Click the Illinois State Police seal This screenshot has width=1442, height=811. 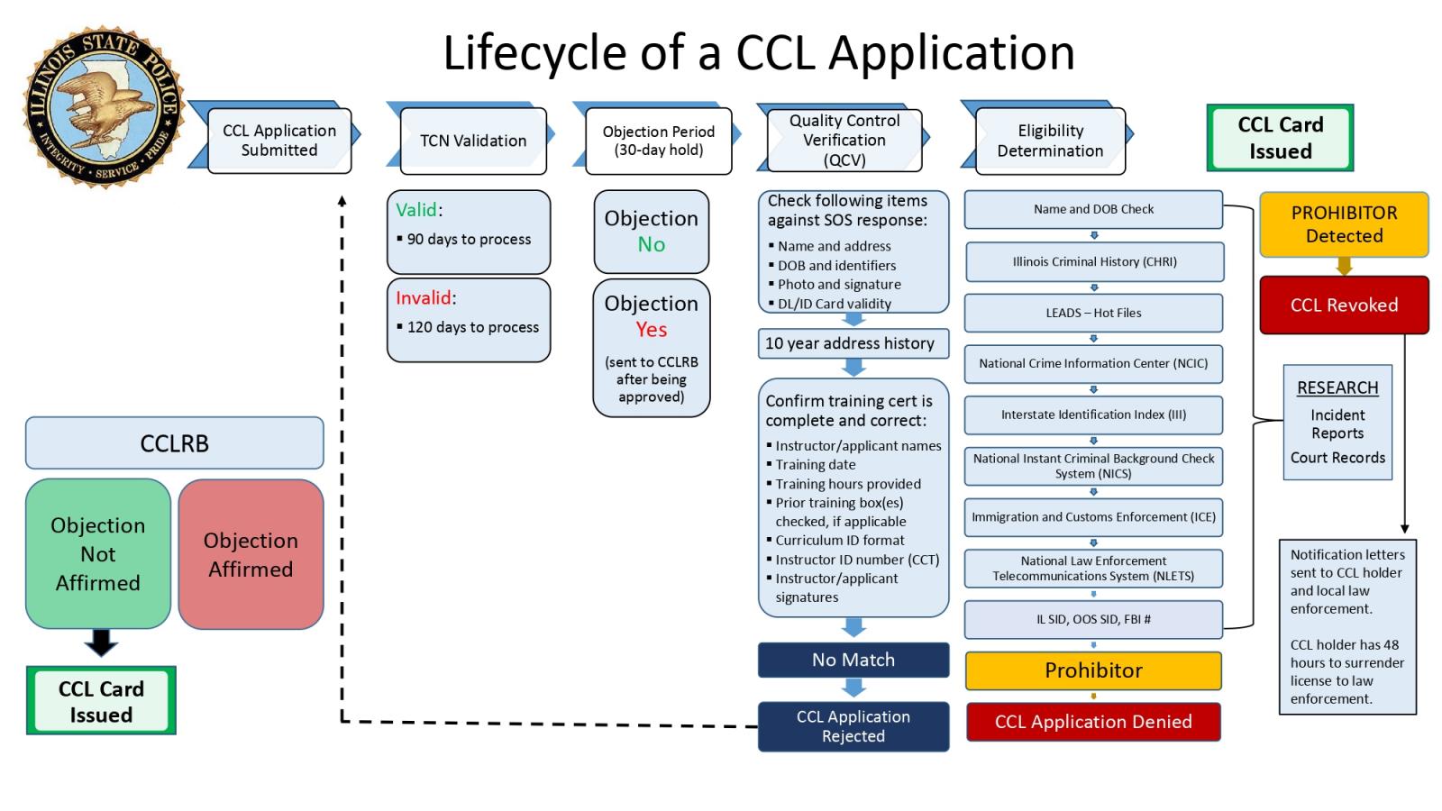pyautogui.click(x=104, y=106)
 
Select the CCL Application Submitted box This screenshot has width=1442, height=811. pyautogui.click(x=279, y=141)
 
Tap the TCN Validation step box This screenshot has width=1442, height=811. pyautogui.click(x=473, y=141)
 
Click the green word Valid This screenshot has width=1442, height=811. pyautogui.click(x=416, y=210)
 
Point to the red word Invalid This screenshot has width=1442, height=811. pyautogui.click(x=424, y=297)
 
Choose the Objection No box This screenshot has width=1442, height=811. pyautogui.click(x=651, y=232)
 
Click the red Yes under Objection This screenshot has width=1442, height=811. pyautogui.click(x=651, y=330)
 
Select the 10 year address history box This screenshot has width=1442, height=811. pyautogui.click(x=853, y=343)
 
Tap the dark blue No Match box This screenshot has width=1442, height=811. pyautogui.click(x=853, y=660)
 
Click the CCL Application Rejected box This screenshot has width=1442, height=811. pyautogui.click(x=853, y=726)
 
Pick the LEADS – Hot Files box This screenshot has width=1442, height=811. pyautogui.click(x=1093, y=313)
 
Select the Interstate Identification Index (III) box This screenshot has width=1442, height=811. pyautogui.click(x=1093, y=415)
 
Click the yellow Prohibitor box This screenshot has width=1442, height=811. pyautogui.click(x=1093, y=670)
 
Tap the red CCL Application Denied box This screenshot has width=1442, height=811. pyautogui.click(x=1093, y=722)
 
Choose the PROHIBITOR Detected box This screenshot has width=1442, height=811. pyautogui.click(x=1344, y=224)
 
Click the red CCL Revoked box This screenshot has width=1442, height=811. pyautogui.click(x=1344, y=305)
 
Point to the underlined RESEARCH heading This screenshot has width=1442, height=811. pyautogui.click(x=1337, y=387)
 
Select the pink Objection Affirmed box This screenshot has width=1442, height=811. pyautogui.click(x=251, y=554)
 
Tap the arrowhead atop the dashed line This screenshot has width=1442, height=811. pyautogui.click(x=342, y=200)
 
